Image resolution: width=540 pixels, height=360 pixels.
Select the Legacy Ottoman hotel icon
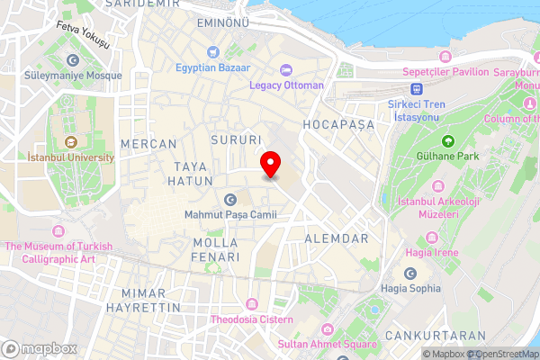pyautogui.click(x=287, y=69)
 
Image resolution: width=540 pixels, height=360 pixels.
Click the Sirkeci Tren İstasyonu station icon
pyautogui.click(x=417, y=88)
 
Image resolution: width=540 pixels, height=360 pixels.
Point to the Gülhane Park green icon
pyautogui.click(x=448, y=140)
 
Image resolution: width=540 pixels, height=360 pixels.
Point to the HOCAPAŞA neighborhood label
pyautogui.click(x=338, y=123)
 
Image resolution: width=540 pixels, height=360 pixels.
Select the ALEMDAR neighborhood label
pyautogui.click(x=337, y=238)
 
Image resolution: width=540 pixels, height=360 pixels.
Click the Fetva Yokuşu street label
pyautogui.click(x=82, y=34)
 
